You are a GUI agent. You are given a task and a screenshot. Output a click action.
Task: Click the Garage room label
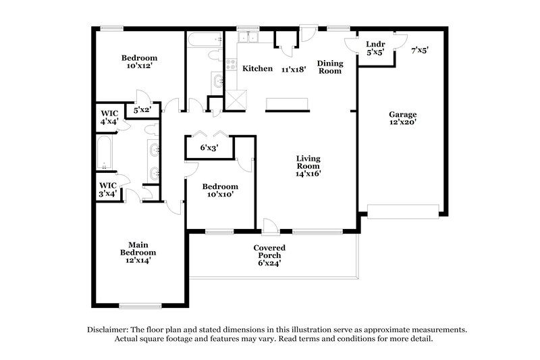(402, 119)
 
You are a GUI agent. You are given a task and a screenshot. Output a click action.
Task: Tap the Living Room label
(308, 165)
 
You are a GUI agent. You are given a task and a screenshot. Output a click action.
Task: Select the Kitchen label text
(257, 68)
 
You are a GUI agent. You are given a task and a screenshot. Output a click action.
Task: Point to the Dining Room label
(330, 67)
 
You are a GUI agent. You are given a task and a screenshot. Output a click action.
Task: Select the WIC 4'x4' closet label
(109, 117)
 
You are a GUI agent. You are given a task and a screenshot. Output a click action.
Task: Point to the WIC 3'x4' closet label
(109, 188)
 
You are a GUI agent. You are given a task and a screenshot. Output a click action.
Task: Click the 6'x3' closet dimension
(209, 148)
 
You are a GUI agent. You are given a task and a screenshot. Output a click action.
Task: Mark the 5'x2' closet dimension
(142, 109)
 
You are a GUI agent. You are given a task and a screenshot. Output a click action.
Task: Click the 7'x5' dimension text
(420, 50)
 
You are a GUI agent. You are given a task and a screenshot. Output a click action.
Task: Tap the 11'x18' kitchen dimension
(294, 69)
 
